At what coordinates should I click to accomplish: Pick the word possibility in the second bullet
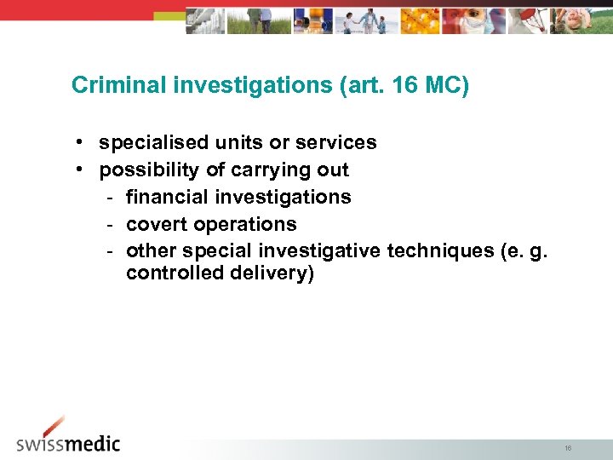point(150,170)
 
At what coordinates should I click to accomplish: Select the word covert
point(157,225)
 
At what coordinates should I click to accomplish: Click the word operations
point(246,225)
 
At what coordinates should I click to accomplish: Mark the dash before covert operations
point(111,225)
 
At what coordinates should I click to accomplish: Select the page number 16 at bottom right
point(568,448)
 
